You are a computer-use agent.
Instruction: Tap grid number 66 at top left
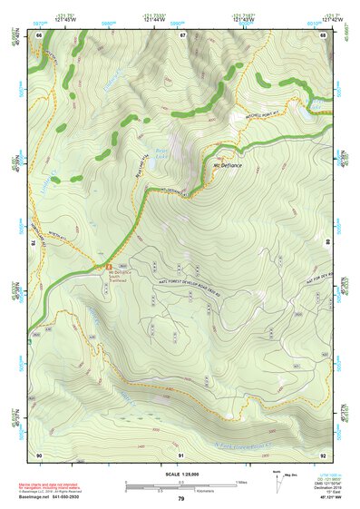[x=40, y=35]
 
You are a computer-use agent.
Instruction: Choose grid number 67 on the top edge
[x=182, y=35]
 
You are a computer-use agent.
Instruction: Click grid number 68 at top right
[x=323, y=35]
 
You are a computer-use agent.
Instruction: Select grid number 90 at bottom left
[x=40, y=454]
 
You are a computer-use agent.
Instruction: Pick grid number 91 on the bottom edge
[x=181, y=454]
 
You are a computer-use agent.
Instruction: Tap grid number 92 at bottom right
[x=323, y=454]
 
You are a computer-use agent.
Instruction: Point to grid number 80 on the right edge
[x=329, y=243]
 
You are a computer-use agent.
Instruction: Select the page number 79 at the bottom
[x=181, y=499]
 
